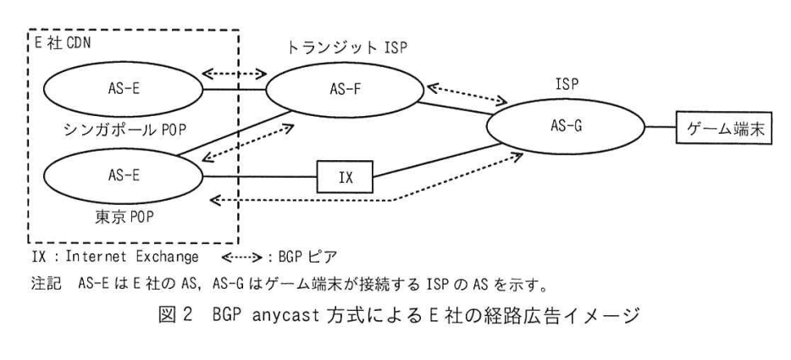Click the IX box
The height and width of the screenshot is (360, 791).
(x=345, y=177)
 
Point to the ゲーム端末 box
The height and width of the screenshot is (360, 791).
(x=724, y=128)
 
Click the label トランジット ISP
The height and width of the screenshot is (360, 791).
(x=347, y=48)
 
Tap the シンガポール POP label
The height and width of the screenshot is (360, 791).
(x=125, y=130)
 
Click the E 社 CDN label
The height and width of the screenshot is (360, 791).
(x=62, y=44)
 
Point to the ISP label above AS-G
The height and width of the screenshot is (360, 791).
(x=566, y=85)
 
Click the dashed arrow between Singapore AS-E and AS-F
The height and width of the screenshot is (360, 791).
(x=234, y=74)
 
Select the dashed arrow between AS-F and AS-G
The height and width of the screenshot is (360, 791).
(x=467, y=94)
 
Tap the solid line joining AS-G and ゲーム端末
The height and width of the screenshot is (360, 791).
(x=661, y=127)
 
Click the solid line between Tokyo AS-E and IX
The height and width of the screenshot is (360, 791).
(x=260, y=177)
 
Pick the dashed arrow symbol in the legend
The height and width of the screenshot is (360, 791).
(x=242, y=257)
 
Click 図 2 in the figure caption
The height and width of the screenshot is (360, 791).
(x=175, y=317)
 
